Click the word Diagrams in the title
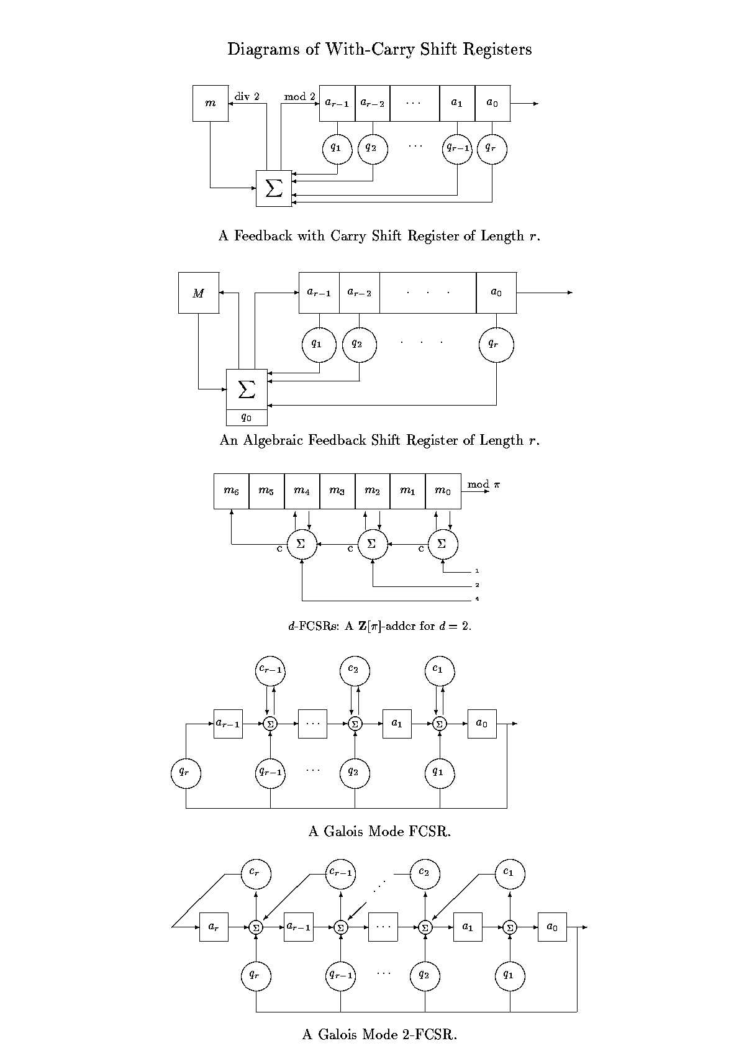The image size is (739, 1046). click(x=263, y=50)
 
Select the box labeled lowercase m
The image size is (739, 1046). click(x=211, y=103)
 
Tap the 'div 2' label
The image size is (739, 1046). click(x=247, y=96)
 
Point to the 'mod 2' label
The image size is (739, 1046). click(x=300, y=96)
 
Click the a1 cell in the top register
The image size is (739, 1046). click(x=457, y=103)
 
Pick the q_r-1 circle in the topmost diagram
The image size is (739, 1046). click(x=457, y=149)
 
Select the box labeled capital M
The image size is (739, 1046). click(x=198, y=293)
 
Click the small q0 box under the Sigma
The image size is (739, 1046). click(x=247, y=417)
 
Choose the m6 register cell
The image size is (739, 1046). click(x=231, y=491)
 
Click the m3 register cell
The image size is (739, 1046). click(x=337, y=491)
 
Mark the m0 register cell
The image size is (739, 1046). click(x=443, y=491)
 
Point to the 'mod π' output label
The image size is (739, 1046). click(x=484, y=484)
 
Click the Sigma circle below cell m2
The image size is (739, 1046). click(x=373, y=544)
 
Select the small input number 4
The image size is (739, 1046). click(x=477, y=599)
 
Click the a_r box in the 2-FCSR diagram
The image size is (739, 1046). click(x=214, y=927)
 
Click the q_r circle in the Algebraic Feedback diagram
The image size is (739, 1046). click(x=496, y=345)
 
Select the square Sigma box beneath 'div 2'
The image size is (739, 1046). click(x=274, y=188)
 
